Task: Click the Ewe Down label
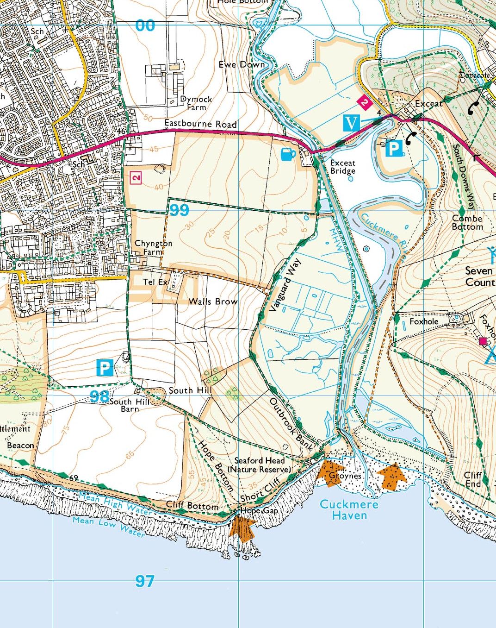(242, 65)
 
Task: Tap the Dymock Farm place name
(196, 103)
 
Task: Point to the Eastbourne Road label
(200, 124)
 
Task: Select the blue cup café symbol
(288, 154)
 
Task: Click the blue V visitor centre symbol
(352, 123)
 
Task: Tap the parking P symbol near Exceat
(393, 149)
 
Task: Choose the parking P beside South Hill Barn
(105, 368)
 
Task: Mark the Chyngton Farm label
(153, 247)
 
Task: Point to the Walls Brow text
(213, 301)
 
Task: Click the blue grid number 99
(179, 210)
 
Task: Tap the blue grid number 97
(144, 581)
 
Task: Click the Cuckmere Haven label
(349, 509)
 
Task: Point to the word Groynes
(345, 476)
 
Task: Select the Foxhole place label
(423, 321)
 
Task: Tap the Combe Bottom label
(467, 223)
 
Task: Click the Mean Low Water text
(108, 526)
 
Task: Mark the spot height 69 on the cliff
(73, 478)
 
